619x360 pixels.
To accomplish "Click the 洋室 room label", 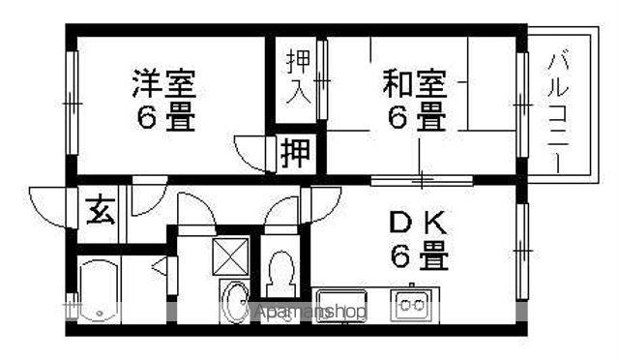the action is coord(165,83).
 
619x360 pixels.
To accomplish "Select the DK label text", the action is coord(419,224).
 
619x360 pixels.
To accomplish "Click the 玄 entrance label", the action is coord(100,209).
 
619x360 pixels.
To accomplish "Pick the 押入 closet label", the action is coord(297,80).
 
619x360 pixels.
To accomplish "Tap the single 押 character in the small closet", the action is coord(295,153).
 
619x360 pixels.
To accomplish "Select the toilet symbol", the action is coord(281,277).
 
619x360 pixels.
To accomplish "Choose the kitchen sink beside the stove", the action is coord(341,304).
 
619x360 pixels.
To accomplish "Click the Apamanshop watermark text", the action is coord(310,313).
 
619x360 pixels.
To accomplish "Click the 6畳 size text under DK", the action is coord(419,257).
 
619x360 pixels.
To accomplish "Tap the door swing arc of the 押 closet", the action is coord(252,155).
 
